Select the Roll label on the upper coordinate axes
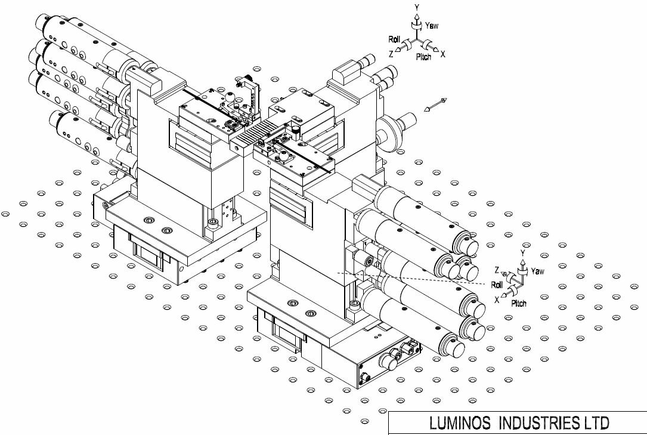pos(394,39)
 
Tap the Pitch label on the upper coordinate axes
pos(423,57)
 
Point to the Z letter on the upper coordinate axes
pos(391,53)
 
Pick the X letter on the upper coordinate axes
pos(443,54)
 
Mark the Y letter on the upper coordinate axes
pos(417,7)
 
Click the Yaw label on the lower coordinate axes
pos(537,271)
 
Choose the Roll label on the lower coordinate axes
pos(497,285)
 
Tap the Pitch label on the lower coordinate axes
pos(519,303)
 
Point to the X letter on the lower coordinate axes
pos(497,300)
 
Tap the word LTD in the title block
pos(596,424)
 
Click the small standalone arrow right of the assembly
pos(435,106)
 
